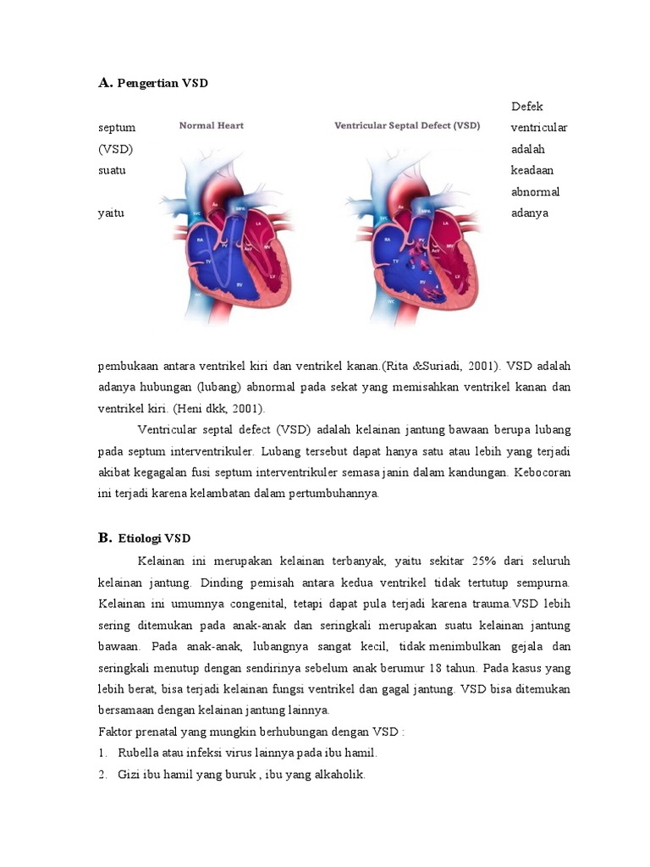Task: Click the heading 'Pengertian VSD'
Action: click(x=162, y=83)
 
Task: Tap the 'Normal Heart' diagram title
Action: click(x=211, y=125)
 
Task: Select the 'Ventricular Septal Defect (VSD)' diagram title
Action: click(x=407, y=125)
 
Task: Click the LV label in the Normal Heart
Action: click(x=273, y=276)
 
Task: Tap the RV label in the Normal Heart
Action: click(x=240, y=284)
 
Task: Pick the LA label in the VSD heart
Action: click(x=445, y=223)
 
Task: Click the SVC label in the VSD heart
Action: click(x=383, y=218)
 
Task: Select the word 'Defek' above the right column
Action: click(x=527, y=107)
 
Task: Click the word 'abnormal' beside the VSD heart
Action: click(x=535, y=191)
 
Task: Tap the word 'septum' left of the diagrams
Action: click(x=116, y=128)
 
